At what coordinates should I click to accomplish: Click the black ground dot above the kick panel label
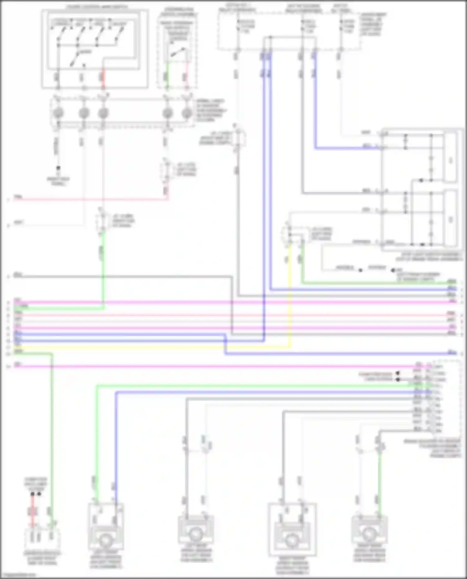[58, 168]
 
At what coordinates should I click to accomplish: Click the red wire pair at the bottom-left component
[32, 511]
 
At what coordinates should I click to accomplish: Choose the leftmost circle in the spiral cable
[58, 113]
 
